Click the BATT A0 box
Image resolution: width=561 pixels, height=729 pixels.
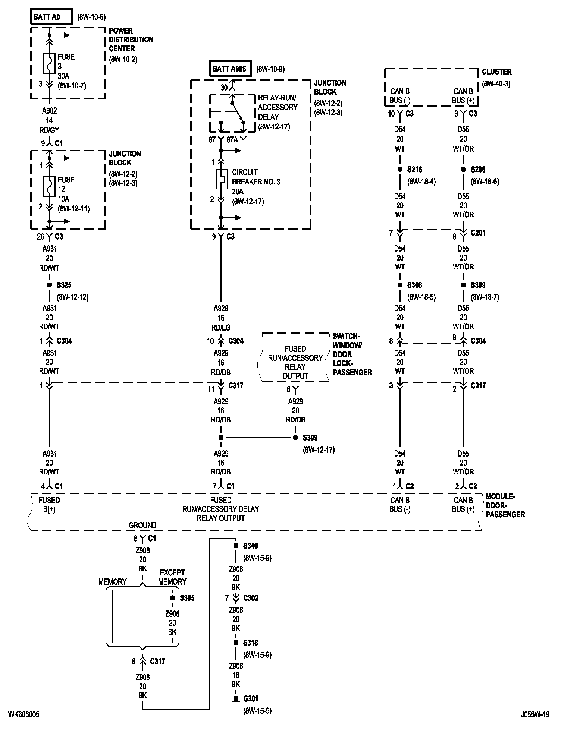[51, 17]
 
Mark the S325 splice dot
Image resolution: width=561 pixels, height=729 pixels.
[49, 285]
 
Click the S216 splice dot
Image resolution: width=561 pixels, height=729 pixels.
[400, 170]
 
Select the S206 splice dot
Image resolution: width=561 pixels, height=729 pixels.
[463, 170]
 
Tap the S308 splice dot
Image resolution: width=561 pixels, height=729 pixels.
[400, 285]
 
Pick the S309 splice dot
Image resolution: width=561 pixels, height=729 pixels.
[463, 285]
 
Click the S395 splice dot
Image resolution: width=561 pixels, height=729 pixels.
[172, 598]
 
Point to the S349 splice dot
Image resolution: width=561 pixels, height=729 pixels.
[236, 546]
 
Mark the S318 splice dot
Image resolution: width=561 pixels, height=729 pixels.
[236, 643]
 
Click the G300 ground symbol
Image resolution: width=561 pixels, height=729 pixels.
[236, 699]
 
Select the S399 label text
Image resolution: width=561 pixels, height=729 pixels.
[310, 438]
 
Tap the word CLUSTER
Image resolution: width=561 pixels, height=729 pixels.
[496, 72]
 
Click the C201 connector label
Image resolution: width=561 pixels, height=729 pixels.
[478, 233]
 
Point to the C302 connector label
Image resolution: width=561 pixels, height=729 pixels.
[251, 598]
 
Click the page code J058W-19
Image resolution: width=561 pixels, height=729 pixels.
[535, 714]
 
